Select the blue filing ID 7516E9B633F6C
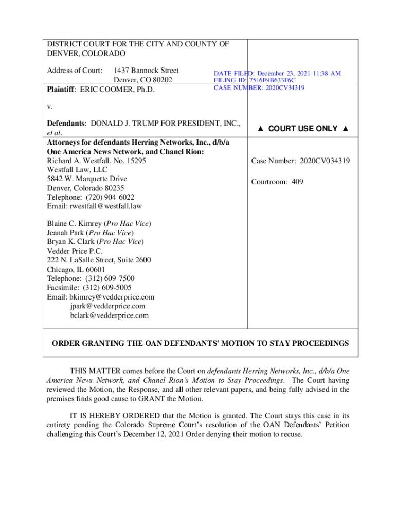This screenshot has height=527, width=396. [272, 81]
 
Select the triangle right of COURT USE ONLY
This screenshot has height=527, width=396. [345, 129]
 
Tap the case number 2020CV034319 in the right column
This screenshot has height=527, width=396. [323, 161]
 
